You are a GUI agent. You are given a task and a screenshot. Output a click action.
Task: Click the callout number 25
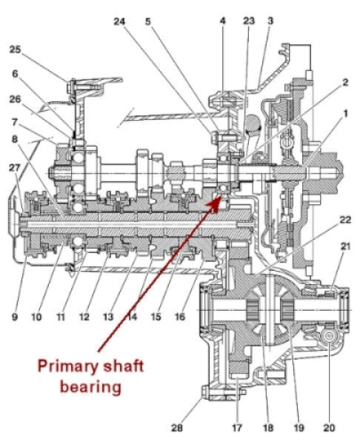point(15,49)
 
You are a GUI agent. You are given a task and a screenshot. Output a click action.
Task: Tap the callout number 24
point(119,21)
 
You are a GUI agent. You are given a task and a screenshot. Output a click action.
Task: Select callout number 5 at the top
point(148,21)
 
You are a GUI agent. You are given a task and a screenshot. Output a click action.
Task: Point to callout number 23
point(249,20)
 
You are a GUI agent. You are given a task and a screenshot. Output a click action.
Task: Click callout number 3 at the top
point(270,20)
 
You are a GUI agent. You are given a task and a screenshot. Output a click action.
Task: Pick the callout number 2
point(345,83)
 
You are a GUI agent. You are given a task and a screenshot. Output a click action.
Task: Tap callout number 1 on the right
point(345,114)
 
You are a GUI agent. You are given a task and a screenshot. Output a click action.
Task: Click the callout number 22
point(345,219)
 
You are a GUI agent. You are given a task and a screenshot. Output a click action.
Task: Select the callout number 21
point(345,246)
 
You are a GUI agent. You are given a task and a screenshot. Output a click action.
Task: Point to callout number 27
point(14,168)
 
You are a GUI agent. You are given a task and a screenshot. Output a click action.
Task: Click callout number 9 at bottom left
point(14,317)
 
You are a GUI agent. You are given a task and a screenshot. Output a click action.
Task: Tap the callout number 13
point(108,317)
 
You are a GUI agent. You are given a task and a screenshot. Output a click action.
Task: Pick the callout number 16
point(180,317)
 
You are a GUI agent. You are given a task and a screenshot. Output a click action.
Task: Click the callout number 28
point(177,428)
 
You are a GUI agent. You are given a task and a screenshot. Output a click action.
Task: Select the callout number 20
point(329,428)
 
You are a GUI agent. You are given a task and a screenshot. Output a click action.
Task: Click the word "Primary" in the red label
point(68,367)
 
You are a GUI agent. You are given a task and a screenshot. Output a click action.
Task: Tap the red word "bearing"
point(91,387)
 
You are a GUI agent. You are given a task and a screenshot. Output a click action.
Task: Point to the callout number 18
point(268,428)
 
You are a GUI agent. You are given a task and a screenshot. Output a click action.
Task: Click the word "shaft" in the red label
point(123,366)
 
